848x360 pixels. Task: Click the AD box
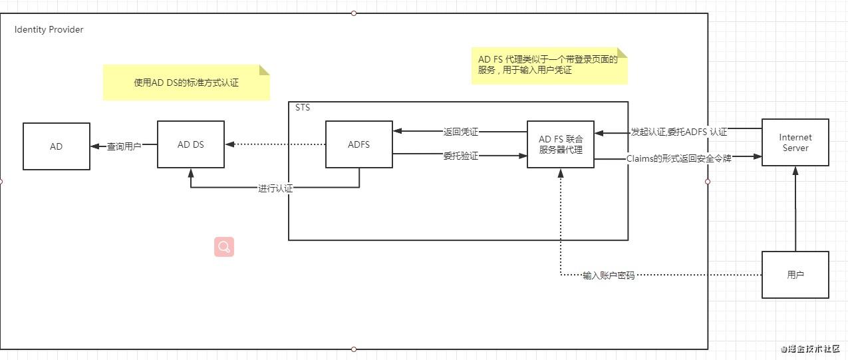pos(57,146)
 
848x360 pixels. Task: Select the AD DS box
pos(190,144)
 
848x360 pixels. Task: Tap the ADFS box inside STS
pos(358,144)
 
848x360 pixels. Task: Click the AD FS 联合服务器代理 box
pos(560,144)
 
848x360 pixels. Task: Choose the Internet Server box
pos(795,142)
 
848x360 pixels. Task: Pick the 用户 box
pos(795,275)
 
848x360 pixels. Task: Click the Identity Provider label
pos(49,30)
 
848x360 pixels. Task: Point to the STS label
pos(303,107)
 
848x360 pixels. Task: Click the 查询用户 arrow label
pos(124,146)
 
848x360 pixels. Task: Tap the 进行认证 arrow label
pos(275,188)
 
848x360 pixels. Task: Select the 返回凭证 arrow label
pos(460,132)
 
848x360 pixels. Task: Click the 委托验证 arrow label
pos(460,156)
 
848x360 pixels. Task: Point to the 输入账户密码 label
pos(609,275)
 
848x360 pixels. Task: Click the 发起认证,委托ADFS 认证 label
pos(678,132)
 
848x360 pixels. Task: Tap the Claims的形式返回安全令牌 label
pos(679,158)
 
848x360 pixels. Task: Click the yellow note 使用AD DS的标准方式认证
pos(186,83)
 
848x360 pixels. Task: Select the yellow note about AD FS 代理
pos(549,65)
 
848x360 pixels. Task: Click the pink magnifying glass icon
pos(224,247)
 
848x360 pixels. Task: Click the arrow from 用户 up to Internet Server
pos(795,210)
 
